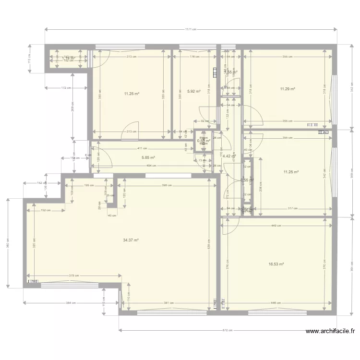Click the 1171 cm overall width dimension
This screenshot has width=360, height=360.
[x=191, y=30]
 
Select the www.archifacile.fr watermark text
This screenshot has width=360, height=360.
[x=330, y=331]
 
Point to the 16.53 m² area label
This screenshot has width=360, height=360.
[x=276, y=264]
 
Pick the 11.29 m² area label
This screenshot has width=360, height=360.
[x=287, y=89]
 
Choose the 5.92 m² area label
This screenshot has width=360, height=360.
[x=193, y=91]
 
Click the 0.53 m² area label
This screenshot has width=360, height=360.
[x=204, y=141]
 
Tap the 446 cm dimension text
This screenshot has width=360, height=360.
[x=276, y=303]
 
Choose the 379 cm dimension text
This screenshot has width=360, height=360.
[x=73, y=275]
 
